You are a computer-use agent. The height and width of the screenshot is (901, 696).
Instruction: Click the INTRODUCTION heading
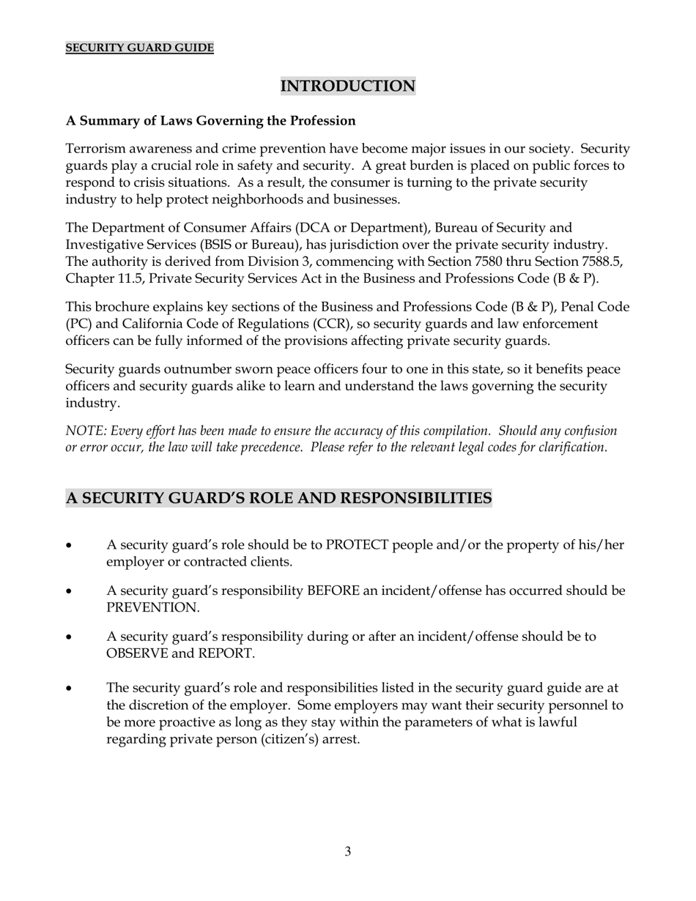348,86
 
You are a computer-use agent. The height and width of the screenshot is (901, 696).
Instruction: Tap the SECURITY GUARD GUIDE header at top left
139,48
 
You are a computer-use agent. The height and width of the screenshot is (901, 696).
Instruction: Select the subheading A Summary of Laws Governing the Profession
211,121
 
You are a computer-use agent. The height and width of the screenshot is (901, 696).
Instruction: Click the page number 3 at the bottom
347,851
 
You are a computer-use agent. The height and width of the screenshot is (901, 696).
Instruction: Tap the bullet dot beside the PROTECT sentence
70,546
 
